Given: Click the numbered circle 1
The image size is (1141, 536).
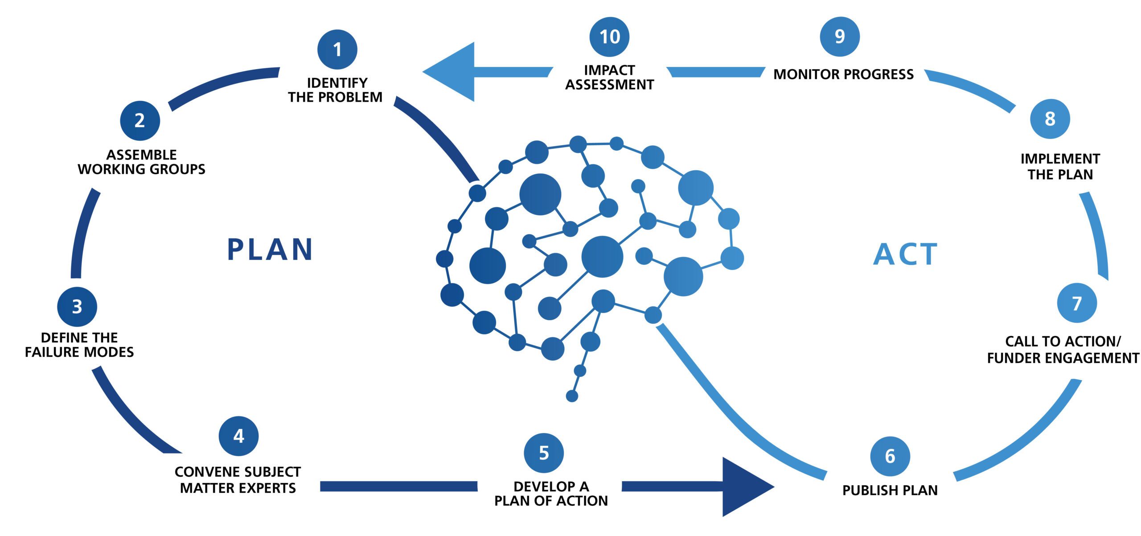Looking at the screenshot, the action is tap(337, 49).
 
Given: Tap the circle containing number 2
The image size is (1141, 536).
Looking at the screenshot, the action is tap(140, 120).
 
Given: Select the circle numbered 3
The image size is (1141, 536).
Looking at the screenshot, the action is tap(77, 306).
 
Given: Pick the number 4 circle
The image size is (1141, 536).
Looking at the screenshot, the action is tap(239, 436).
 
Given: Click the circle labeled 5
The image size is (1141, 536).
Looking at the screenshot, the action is tap(544, 453).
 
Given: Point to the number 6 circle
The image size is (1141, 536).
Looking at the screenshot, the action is tap(890, 456).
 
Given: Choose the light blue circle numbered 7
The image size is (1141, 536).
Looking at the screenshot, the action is tap(1077, 303).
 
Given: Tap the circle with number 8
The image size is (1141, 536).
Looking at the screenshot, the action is tap(1050, 119).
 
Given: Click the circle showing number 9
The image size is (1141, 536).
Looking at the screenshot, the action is tap(840, 37).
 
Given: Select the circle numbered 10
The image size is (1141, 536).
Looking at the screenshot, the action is tap(609, 37).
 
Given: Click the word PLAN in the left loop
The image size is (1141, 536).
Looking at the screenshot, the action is tap(270, 249).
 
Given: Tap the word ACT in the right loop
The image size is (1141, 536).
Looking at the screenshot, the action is tap(905, 254).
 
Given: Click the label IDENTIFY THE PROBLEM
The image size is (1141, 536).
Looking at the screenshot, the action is tap(335, 90).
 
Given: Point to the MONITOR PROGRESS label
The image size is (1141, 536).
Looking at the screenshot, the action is tap(843, 74).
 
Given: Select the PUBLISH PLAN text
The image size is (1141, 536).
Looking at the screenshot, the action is tap(890, 490).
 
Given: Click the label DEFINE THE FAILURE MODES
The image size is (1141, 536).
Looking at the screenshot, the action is tap(79, 345).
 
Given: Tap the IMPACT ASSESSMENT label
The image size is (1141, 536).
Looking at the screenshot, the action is tap(609, 77).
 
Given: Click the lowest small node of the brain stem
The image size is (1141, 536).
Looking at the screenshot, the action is tap(572, 396).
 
